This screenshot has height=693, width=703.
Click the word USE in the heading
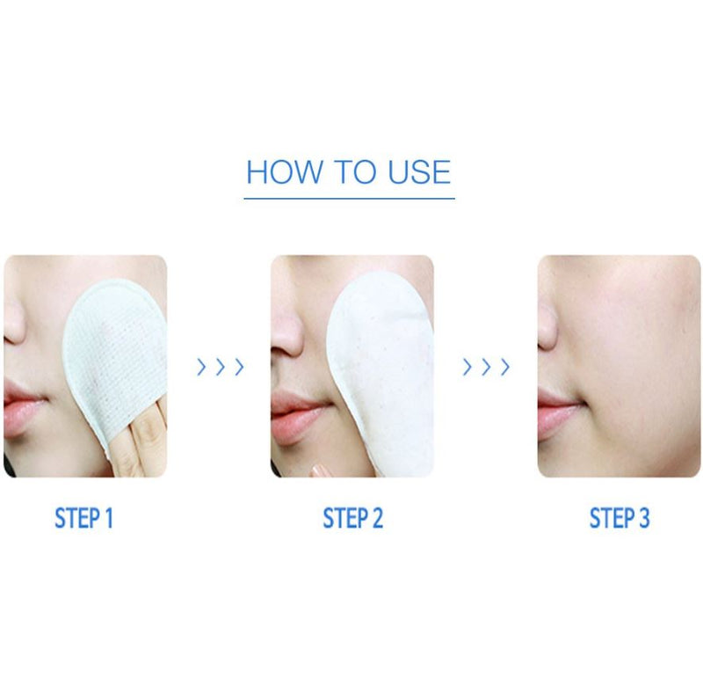[x=419, y=171]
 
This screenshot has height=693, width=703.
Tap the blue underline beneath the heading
[x=349, y=198]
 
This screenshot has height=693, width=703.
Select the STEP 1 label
[x=83, y=518]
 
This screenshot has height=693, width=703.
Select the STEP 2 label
[x=353, y=518]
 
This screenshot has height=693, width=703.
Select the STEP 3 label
[x=620, y=518]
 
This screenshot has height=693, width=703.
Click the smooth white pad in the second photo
[x=381, y=373]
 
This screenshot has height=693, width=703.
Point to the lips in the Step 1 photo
[x=23, y=406]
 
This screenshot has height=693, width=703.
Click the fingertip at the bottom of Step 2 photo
[x=322, y=471]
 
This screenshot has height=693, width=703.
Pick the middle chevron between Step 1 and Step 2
[x=221, y=367]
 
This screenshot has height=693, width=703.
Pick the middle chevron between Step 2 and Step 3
[x=486, y=367]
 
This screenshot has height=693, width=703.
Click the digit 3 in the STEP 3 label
[x=644, y=518]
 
